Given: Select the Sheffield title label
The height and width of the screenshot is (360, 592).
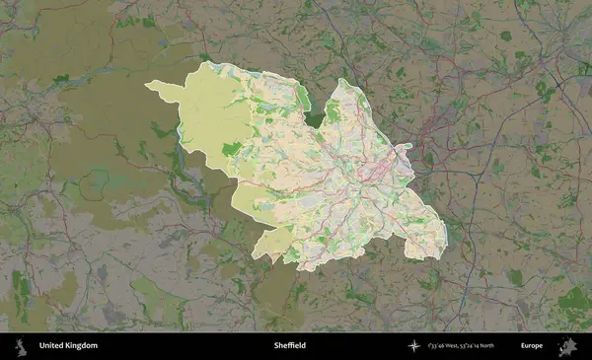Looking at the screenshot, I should tap(290, 346).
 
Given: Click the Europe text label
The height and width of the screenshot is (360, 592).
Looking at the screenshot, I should tap(532, 346).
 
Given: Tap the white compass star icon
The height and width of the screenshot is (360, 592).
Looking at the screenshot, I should tap(412, 346).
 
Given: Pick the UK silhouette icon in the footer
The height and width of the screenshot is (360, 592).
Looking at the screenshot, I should tap(20, 346).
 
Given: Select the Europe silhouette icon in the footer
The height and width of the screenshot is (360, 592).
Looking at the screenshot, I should tap(568, 346).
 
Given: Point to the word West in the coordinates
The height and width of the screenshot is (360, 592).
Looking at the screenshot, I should tap(451, 346).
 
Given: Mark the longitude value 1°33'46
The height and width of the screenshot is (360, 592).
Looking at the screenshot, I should tap(435, 346).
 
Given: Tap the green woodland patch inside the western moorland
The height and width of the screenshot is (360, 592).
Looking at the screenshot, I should tap(231, 149).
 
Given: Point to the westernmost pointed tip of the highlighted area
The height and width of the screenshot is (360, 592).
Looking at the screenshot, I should tap(146, 86).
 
